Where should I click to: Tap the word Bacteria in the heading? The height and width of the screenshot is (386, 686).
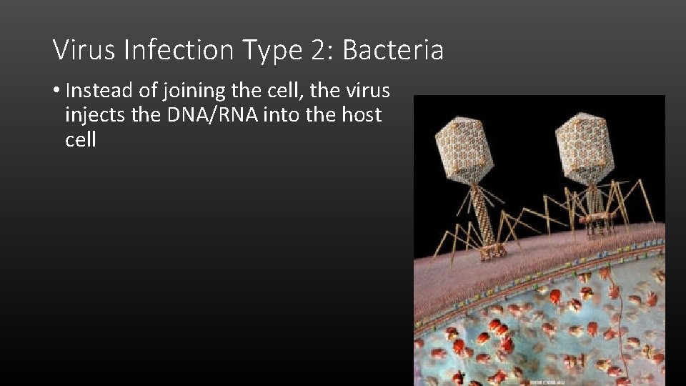[x=393, y=51]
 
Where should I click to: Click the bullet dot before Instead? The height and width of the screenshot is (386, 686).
[x=56, y=91]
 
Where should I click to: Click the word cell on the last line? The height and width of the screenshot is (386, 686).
[x=80, y=139]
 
